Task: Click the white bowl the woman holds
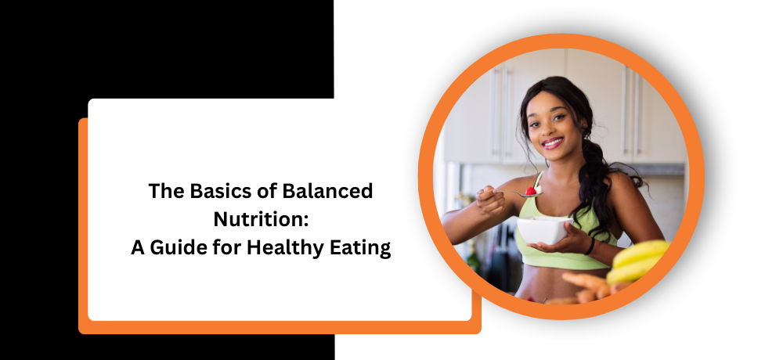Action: [x=544, y=229]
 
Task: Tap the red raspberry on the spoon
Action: [x=531, y=191]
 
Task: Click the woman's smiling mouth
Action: [x=553, y=142]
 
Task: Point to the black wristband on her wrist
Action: [x=590, y=246]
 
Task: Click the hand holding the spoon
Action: [x=489, y=200]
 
